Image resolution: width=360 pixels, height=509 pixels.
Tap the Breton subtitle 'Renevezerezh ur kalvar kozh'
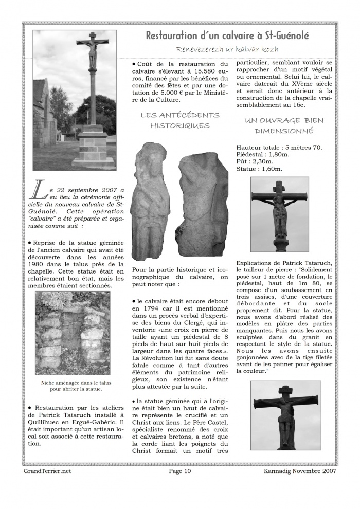(x=227, y=49)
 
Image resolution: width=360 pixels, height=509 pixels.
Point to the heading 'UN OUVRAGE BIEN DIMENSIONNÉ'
(x=284, y=125)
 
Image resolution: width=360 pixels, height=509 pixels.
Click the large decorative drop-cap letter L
(x=40, y=191)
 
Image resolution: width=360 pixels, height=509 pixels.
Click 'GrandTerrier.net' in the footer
(x=47, y=470)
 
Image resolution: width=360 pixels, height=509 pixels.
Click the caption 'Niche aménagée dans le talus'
(x=72, y=383)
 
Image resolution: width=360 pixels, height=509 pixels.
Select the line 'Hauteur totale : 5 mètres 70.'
(x=279, y=147)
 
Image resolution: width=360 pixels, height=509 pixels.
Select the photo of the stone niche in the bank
(x=72, y=334)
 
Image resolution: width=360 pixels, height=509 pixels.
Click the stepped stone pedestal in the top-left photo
(x=93, y=149)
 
